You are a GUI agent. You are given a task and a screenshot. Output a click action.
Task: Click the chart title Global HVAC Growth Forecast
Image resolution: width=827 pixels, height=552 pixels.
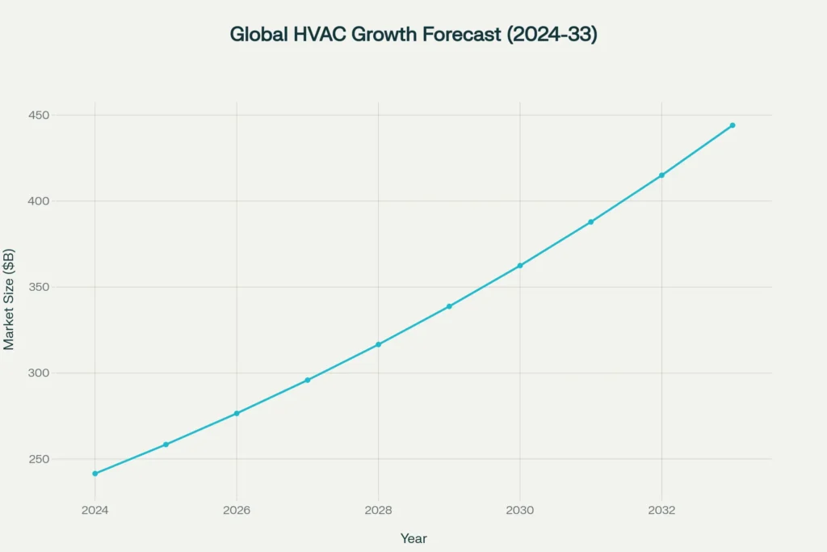pyautogui.click(x=413, y=35)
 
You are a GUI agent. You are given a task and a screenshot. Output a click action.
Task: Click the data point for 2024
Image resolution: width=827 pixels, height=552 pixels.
pyautogui.click(x=95, y=474)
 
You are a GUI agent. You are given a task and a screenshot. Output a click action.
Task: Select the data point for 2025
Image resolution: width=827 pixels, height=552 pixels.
pyautogui.click(x=166, y=445)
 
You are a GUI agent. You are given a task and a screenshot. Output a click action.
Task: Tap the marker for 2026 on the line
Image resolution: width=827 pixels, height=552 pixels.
pyautogui.click(x=237, y=414)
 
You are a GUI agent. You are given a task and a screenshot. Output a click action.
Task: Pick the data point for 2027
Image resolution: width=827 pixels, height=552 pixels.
pyautogui.click(x=308, y=380)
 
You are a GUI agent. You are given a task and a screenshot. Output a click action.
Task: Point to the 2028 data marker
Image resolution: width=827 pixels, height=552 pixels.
pyautogui.click(x=378, y=344)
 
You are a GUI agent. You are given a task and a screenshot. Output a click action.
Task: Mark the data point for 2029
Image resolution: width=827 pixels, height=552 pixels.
pyautogui.click(x=449, y=306)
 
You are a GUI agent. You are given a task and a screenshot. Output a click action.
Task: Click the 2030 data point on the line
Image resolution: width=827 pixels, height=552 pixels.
pyautogui.click(x=520, y=266)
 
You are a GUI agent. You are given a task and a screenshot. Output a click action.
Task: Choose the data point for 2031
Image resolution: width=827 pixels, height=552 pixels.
pyautogui.click(x=590, y=221)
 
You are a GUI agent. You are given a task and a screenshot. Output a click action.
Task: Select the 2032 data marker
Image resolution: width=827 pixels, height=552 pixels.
pyautogui.click(x=661, y=175)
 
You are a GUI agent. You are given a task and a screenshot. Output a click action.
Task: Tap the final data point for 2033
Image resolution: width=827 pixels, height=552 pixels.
pyautogui.click(x=733, y=125)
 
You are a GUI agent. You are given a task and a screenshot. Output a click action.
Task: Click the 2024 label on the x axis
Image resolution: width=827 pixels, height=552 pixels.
pyautogui.click(x=95, y=511)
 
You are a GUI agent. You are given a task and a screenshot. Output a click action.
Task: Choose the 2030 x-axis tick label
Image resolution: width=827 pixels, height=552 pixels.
pyautogui.click(x=520, y=511)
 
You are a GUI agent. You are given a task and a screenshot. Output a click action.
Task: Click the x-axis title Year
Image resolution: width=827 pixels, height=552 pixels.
pyautogui.click(x=413, y=538)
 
